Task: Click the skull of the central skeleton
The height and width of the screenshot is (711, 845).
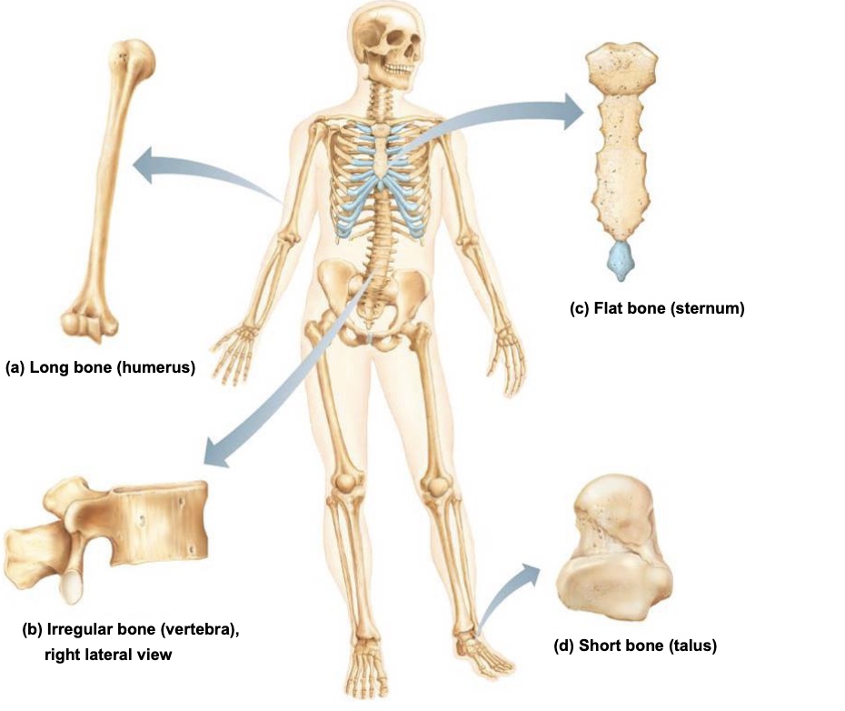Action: click(388, 41)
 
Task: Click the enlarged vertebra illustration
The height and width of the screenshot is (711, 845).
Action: click(118, 532)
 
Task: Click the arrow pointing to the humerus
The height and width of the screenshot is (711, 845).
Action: click(200, 173)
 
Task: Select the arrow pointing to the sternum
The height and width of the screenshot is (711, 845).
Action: click(509, 114)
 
